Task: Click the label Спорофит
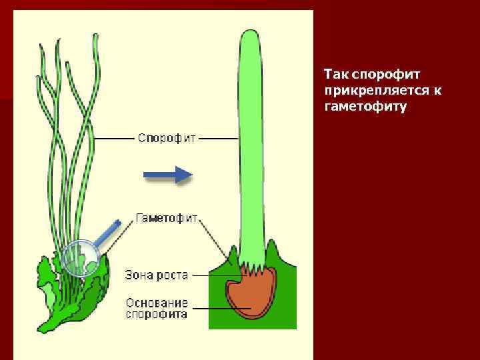coord(167,138)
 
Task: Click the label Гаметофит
coord(167,218)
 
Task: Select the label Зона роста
coord(157,275)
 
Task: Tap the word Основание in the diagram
coord(157,303)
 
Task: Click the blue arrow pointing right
coord(168,175)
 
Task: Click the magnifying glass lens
coord(80,257)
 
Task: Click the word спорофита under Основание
coord(157,315)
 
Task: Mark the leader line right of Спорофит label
coord(219,139)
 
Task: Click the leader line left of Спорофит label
coord(113,139)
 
